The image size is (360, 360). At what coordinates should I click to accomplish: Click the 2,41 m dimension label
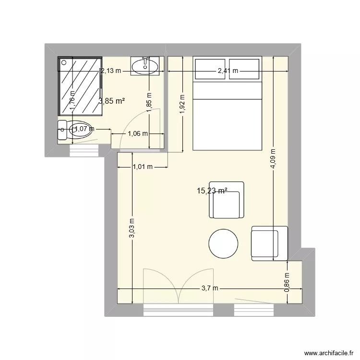pyautogui.click(x=228, y=71)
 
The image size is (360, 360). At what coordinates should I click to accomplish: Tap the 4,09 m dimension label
pyautogui.click(x=273, y=159)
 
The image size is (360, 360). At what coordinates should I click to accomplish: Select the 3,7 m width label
pyautogui.click(x=210, y=288)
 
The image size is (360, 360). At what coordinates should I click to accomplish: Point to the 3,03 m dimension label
pyautogui.click(x=132, y=228)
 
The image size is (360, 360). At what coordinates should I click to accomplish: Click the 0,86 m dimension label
pyautogui.click(x=287, y=282)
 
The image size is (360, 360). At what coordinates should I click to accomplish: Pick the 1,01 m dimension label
pyautogui.click(x=143, y=167)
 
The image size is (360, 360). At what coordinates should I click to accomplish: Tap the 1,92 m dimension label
pyautogui.click(x=182, y=104)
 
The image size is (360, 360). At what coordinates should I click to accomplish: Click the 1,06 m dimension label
pyautogui.click(x=138, y=133)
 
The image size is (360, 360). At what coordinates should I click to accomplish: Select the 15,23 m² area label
pyautogui.click(x=212, y=191)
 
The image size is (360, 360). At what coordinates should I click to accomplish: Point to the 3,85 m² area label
pyautogui.click(x=112, y=101)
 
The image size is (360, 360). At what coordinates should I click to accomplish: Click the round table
pyautogui.click(x=223, y=243)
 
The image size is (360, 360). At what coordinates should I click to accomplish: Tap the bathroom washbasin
pyautogui.click(x=145, y=66)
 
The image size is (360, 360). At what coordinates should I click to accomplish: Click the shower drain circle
pyautogui.click(x=64, y=62)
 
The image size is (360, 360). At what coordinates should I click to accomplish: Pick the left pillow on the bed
pyautogui.click(x=210, y=69)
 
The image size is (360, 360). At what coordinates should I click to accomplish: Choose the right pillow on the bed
pyautogui.click(x=244, y=69)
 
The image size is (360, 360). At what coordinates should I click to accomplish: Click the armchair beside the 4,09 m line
pyautogui.click(x=270, y=243)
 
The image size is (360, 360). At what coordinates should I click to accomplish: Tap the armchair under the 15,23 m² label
pyautogui.click(x=227, y=200)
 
